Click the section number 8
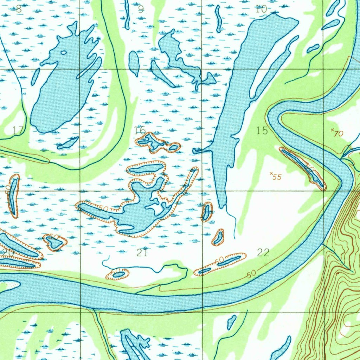pyautogui.click(x=19, y=9)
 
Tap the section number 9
pyautogui.click(x=141, y=9)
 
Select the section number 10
pyautogui.click(x=261, y=9)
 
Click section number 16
pyautogui.click(x=140, y=131)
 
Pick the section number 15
pyautogui.click(x=262, y=131)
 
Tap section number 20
pyautogui.click(x=8, y=252)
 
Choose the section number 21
pyautogui.click(x=141, y=252)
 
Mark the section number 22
pyautogui.click(x=263, y=252)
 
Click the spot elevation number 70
pyautogui.click(x=339, y=134)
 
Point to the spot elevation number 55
pyautogui.click(x=277, y=177)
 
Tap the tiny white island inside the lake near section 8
pyautogui.click(x=63, y=53)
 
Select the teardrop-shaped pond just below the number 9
pyautogui.click(x=134, y=63)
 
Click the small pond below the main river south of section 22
pyautogui.click(x=231, y=322)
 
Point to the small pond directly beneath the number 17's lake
pyautogui.click(x=67, y=143)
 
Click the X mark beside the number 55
pyautogui.click(x=271, y=173)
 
